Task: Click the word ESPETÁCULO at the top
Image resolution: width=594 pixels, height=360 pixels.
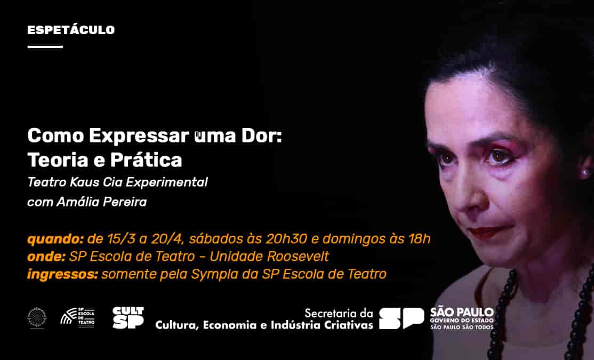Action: (x=71, y=30)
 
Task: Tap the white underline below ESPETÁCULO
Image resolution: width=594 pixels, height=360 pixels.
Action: (x=45, y=47)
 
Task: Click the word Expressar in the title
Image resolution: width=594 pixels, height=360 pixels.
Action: (x=135, y=136)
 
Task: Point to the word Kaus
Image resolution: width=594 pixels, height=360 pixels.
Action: (x=83, y=182)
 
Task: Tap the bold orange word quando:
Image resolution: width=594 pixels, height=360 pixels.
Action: (x=55, y=239)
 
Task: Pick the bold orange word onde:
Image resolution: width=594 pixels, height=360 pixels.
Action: (x=46, y=257)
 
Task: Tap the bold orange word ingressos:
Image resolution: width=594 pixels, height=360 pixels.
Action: (x=62, y=275)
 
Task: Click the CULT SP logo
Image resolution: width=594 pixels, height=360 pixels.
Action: (x=128, y=318)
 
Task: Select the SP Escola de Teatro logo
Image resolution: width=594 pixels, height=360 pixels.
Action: (x=77, y=318)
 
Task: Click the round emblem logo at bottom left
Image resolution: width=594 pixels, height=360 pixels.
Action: (x=37, y=317)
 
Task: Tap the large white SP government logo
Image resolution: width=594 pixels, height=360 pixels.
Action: (x=402, y=318)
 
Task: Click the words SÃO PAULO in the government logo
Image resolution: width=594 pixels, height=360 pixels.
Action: (x=462, y=312)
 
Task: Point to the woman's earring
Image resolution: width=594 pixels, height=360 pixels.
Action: (x=585, y=172)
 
